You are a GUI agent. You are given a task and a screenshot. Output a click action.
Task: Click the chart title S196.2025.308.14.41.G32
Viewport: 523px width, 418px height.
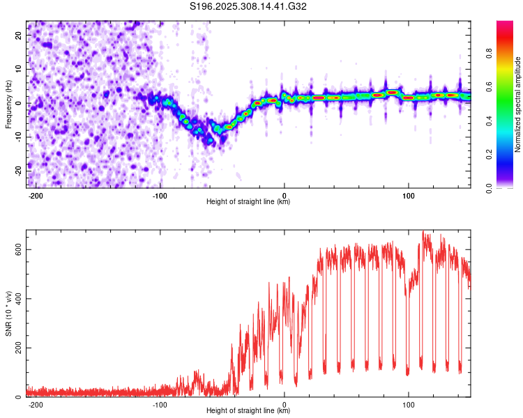(248, 6)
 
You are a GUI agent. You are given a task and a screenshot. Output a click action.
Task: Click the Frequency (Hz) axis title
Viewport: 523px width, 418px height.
(8, 104)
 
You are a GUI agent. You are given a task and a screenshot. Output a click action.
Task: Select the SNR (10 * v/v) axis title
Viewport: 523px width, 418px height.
(8, 313)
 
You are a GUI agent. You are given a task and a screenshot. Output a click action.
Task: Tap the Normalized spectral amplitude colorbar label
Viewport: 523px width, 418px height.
(517, 104)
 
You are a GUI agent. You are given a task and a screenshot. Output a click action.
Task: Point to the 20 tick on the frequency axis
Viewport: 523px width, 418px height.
(19, 35)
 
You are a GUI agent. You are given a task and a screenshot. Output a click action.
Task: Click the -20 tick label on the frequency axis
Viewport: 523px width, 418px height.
(19, 171)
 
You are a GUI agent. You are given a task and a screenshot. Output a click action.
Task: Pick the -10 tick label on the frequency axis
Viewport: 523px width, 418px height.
(19, 137)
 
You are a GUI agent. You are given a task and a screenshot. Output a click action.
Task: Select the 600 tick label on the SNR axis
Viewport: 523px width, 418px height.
(19, 249)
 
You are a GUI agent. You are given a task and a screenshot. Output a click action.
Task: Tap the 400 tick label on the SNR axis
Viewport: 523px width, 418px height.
(19, 299)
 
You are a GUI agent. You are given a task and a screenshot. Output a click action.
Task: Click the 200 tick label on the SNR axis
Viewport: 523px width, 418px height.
(19, 348)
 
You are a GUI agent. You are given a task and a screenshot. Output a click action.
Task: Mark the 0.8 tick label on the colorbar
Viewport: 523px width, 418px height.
(489, 54)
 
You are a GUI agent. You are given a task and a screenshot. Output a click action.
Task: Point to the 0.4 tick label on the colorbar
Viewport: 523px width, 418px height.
(489, 121)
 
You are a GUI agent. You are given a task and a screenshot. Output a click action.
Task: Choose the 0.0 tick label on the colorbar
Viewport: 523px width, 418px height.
(489, 188)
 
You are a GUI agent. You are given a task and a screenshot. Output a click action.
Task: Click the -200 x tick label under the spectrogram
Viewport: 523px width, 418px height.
(35, 196)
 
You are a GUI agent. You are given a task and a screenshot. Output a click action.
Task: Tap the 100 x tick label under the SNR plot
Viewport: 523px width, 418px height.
(408, 405)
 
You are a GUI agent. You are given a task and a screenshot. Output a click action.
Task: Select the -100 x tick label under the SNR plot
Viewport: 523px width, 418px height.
(160, 405)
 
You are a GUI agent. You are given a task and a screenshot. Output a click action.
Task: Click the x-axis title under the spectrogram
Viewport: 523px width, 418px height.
(248, 201)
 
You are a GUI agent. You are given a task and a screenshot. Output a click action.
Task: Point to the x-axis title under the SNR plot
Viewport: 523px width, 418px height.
(248, 410)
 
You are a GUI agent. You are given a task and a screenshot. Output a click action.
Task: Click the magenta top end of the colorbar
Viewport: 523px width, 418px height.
(505, 22)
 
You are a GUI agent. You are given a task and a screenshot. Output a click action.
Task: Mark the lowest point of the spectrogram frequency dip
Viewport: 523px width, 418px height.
(210, 141)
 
